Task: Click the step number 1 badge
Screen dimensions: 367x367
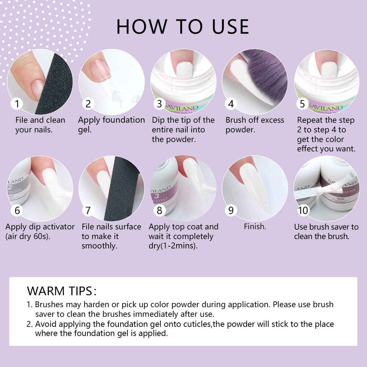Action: (x=17, y=104)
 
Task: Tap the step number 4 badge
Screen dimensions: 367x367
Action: (x=231, y=104)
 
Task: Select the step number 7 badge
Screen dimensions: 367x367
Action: (x=88, y=211)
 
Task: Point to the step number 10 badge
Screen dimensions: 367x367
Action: (x=303, y=211)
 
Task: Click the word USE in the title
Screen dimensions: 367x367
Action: (x=230, y=27)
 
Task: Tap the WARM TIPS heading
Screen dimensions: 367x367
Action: (x=62, y=291)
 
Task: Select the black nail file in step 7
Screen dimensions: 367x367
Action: (x=122, y=188)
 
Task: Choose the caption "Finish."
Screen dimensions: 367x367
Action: (x=255, y=227)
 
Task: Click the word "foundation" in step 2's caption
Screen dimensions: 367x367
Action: (x=124, y=120)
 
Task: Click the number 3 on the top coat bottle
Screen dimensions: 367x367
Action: (x=156, y=196)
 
